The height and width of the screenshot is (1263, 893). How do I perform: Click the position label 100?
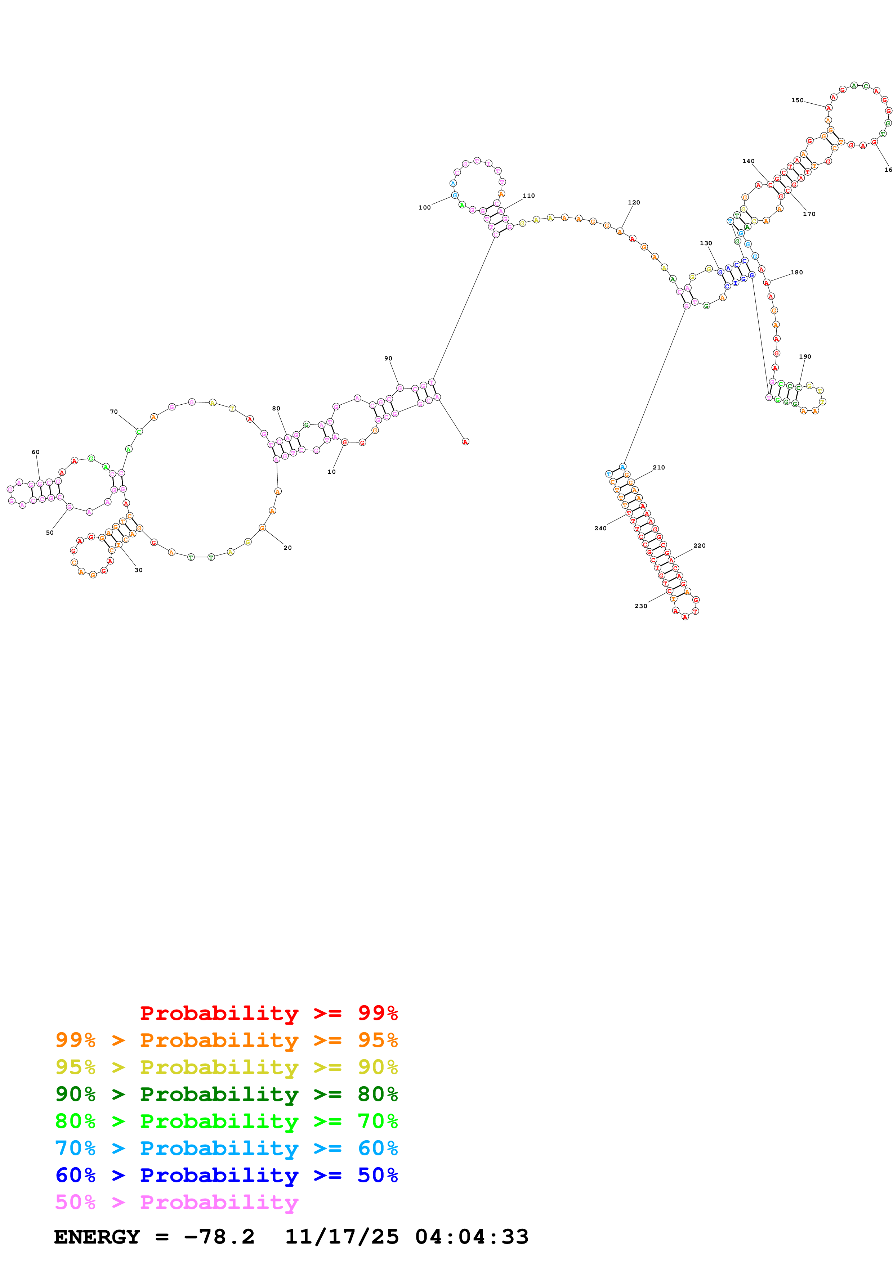(x=424, y=207)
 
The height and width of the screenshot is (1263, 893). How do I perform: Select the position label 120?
(x=634, y=202)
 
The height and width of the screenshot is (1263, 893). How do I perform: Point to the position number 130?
(x=706, y=243)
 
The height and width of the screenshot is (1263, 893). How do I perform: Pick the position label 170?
(x=809, y=214)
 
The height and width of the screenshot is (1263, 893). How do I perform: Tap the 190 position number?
(x=805, y=356)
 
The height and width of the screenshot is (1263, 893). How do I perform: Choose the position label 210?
(x=658, y=468)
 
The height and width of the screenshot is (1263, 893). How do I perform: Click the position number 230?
(x=640, y=606)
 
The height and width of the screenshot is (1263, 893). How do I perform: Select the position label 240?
(x=600, y=528)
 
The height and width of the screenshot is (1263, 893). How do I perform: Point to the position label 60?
(x=36, y=452)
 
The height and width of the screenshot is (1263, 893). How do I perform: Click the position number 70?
(x=114, y=412)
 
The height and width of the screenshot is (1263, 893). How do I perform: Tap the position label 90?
(x=388, y=359)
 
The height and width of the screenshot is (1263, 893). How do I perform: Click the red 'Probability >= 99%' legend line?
(x=268, y=1013)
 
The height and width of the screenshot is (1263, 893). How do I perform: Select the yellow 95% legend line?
(x=226, y=1067)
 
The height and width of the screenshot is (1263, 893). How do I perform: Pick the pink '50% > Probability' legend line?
(x=177, y=1203)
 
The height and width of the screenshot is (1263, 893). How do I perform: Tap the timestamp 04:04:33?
(x=472, y=1237)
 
